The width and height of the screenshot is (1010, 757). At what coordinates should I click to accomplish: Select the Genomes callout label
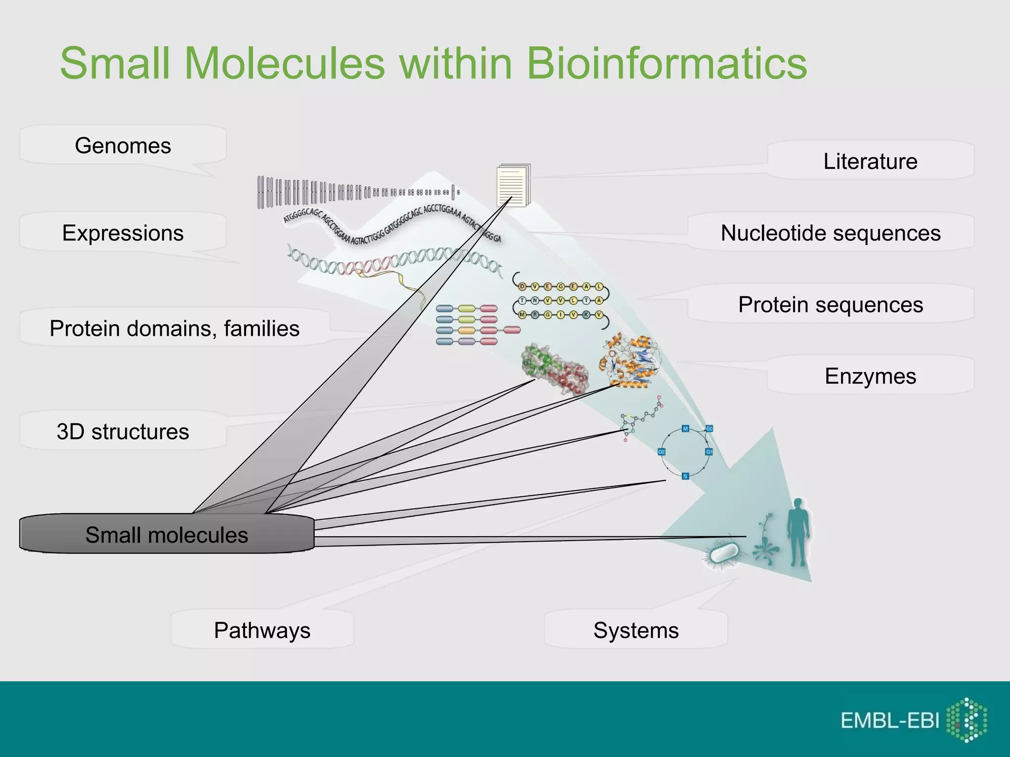(123, 146)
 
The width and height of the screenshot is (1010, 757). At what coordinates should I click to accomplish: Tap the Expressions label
(123, 233)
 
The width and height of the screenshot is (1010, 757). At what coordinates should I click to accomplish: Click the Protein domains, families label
(174, 328)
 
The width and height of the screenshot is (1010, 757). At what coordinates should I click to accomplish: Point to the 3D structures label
(123, 431)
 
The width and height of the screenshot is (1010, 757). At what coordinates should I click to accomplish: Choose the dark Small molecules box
(167, 535)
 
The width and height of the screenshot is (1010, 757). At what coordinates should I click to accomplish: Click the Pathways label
(262, 630)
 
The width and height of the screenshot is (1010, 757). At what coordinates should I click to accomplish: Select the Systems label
(636, 630)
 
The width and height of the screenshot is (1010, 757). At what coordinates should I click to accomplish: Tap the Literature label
(870, 161)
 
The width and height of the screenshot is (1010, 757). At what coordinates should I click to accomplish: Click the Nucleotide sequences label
(830, 233)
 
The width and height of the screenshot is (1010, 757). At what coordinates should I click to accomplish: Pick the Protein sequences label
(830, 305)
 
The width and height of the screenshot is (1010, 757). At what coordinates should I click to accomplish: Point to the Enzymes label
(870, 376)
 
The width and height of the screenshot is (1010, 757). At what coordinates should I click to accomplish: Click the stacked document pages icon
(513, 185)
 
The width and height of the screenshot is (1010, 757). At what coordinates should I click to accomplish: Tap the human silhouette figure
(798, 532)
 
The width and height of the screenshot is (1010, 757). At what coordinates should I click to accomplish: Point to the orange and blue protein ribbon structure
(630, 361)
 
